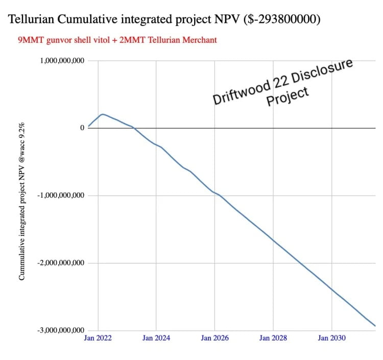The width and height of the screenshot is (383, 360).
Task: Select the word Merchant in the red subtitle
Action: click(199, 39)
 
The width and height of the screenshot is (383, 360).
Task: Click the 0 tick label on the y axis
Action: click(82, 128)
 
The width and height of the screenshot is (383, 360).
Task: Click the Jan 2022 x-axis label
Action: click(98, 338)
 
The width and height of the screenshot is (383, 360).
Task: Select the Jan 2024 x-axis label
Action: click(156, 338)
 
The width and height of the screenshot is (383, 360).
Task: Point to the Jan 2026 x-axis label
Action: click(214, 338)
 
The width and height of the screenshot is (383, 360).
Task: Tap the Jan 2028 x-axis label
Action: click(273, 338)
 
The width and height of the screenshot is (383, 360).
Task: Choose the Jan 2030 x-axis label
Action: click(331, 338)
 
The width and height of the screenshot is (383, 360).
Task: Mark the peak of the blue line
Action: click(103, 114)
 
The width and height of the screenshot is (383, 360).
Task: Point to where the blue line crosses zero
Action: click(134, 128)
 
